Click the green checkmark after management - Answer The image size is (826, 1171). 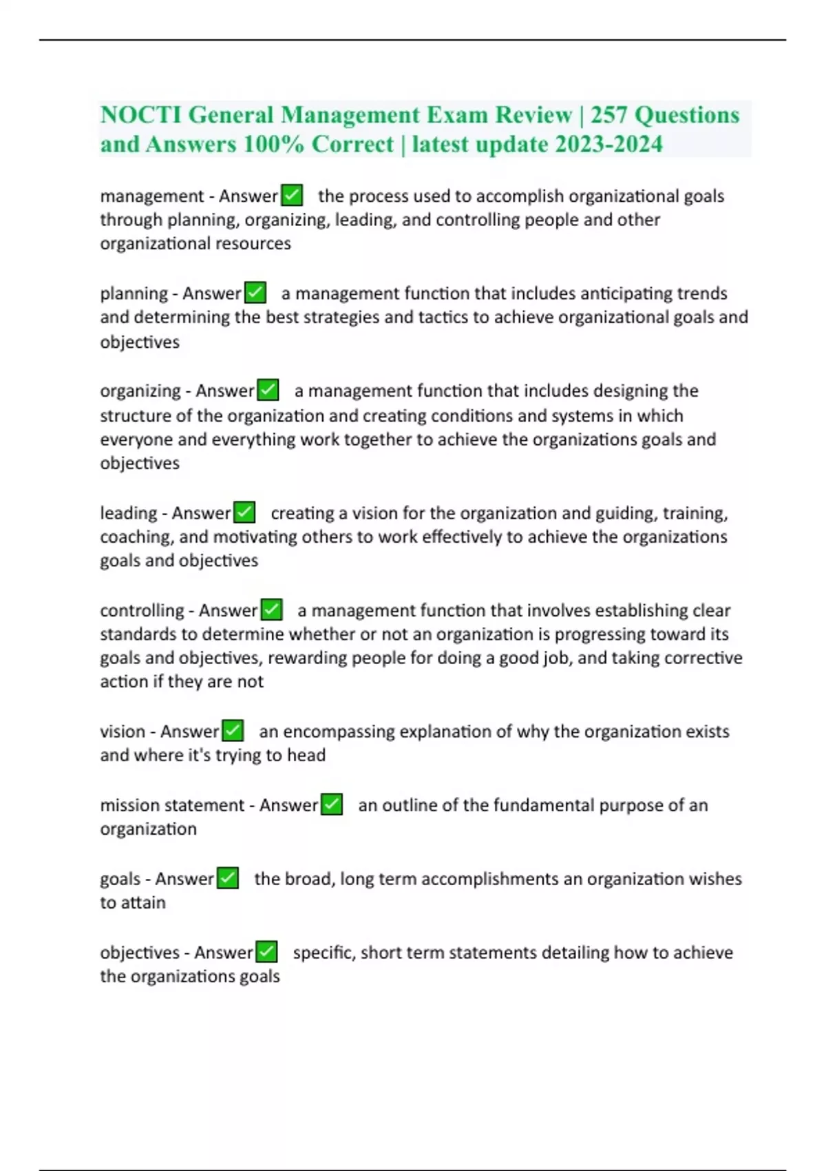(x=292, y=196)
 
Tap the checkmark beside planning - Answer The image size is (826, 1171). (x=255, y=293)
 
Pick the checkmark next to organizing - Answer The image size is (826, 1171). (x=268, y=391)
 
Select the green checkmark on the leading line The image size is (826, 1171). (x=244, y=512)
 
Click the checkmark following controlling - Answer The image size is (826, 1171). (x=272, y=610)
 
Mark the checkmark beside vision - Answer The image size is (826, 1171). (x=233, y=731)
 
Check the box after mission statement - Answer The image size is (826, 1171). (x=332, y=805)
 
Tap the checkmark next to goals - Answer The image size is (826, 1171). (x=228, y=878)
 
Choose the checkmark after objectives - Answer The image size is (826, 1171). (x=266, y=952)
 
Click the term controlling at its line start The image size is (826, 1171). (x=142, y=610)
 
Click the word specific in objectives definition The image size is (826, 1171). (x=322, y=953)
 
